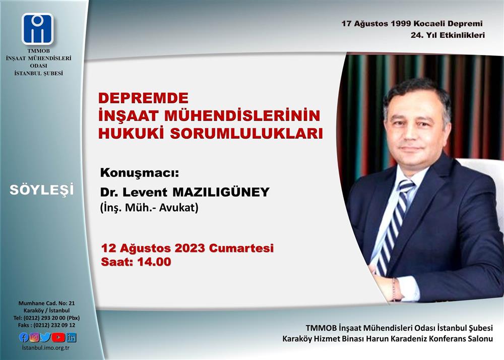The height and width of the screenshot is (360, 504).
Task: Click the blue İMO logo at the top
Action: pyautogui.click(x=38, y=29)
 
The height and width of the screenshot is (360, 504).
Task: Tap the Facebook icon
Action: pyautogui.click(x=24, y=337)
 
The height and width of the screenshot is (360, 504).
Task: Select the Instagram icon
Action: pyautogui.click(x=34, y=337)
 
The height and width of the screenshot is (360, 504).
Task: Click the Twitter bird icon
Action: pyautogui.click(x=46, y=337)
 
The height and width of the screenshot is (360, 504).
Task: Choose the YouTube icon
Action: pyautogui.click(x=58, y=337)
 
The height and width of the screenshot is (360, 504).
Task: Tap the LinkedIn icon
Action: pyautogui.click(x=71, y=337)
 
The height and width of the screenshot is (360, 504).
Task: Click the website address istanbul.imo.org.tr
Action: pyautogui.click(x=46, y=348)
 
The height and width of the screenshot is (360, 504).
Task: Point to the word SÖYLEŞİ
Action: pyautogui.click(x=41, y=190)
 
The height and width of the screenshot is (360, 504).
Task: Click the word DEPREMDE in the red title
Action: pyautogui.click(x=143, y=98)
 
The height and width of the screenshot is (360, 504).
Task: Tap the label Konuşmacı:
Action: pyautogui.click(x=140, y=173)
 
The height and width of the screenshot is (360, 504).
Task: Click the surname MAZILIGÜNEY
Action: pyautogui.click(x=221, y=192)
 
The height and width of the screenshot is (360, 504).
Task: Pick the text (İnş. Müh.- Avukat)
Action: pyautogui.click(x=149, y=208)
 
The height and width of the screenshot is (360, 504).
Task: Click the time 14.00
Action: pyautogui.click(x=154, y=262)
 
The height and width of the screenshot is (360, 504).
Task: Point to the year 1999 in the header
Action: pyautogui.click(x=401, y=24)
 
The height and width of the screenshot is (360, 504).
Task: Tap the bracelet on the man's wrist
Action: pyautogui.click(x=393, y=289)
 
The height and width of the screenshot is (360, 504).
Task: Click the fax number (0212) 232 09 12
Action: pyautogui.click(x=54, y=325)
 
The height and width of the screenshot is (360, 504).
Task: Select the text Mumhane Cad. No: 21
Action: pyautogui.click(x=46, y=303)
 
